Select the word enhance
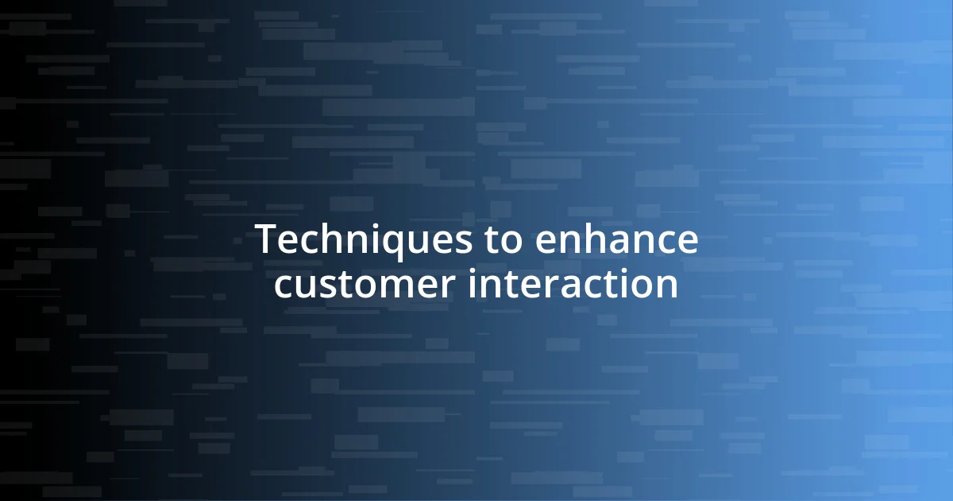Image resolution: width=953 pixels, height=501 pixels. point(616,240)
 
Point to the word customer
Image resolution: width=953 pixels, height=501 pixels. point(365,285)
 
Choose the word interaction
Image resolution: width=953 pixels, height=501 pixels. point(573,285)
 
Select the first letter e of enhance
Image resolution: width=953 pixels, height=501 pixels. point(546,242)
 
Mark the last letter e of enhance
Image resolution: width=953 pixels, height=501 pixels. point(688,242)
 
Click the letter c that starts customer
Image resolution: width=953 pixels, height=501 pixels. point(283,286)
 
